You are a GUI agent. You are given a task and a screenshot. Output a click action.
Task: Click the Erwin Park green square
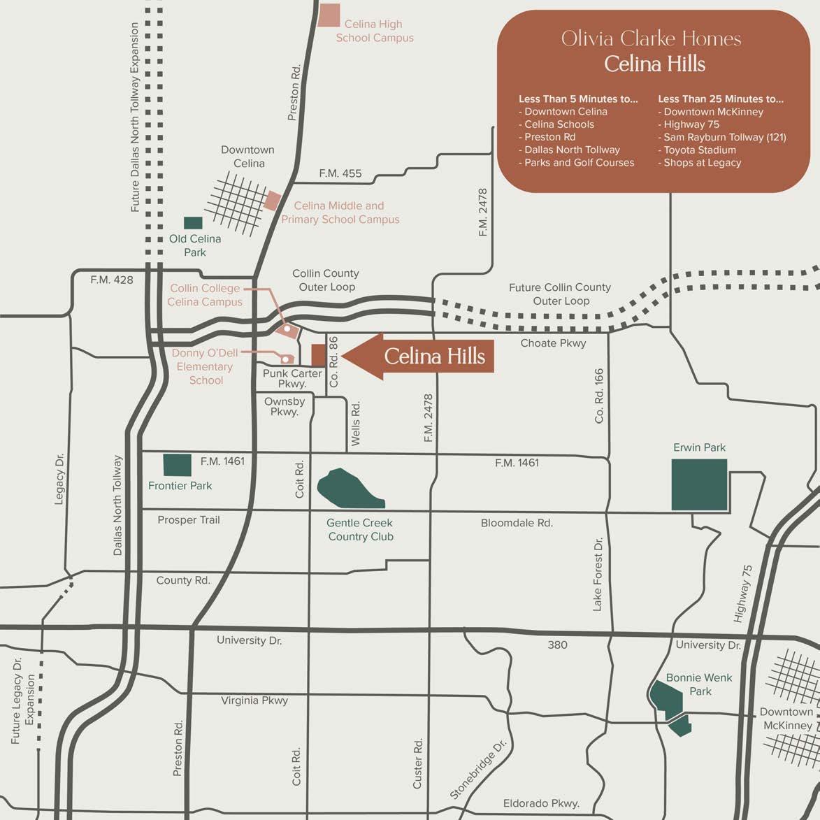699,484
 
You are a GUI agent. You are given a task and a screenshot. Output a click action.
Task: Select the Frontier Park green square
177,466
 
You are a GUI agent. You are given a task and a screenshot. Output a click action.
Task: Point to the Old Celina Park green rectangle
193,223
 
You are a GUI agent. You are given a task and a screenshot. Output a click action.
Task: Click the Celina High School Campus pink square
329,15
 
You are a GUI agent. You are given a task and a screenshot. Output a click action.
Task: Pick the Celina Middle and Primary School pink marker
272,201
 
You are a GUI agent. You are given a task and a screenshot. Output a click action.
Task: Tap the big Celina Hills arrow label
419,357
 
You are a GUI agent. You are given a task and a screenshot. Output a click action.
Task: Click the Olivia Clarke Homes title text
651,38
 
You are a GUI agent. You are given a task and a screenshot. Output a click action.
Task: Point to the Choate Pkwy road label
553,343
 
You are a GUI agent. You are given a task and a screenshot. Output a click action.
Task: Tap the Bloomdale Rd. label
517,523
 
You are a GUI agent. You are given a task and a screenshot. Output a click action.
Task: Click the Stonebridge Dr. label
477,770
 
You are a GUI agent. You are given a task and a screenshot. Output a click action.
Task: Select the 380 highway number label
557,645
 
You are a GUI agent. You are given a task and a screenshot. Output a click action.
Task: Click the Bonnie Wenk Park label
699,684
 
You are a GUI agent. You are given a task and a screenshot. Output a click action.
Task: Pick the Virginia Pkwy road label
254,700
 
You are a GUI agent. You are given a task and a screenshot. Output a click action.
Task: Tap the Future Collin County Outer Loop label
560,294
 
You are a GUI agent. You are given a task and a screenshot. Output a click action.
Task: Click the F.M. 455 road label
340,173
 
